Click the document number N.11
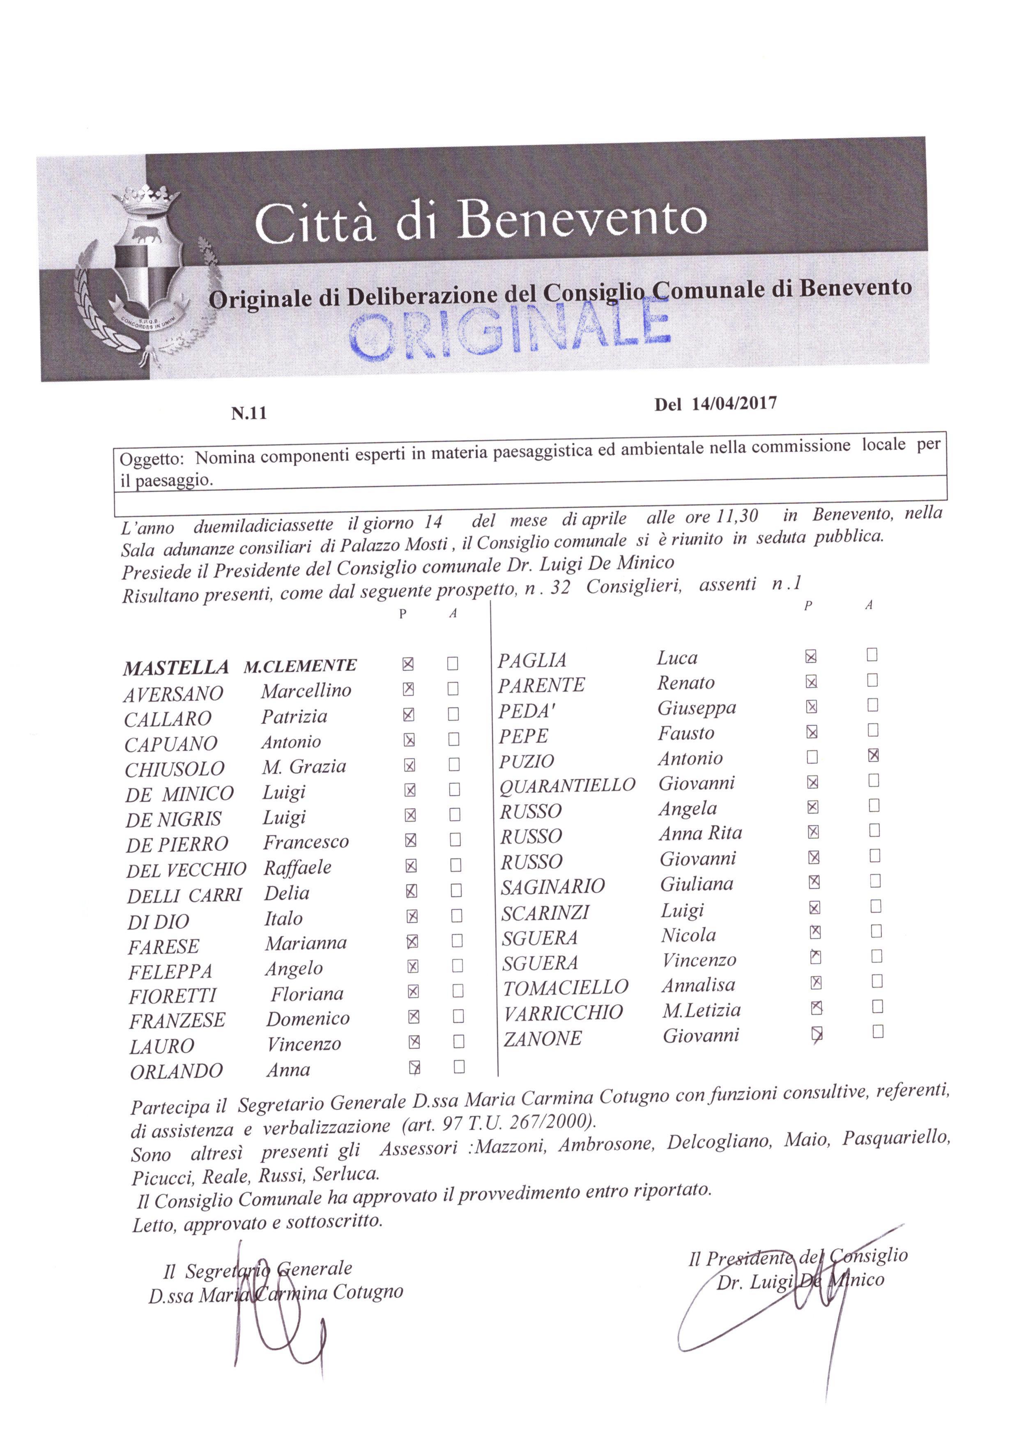249,413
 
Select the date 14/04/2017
734,403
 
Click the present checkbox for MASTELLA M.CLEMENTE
408,663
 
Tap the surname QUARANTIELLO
567,785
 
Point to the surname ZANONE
542,1039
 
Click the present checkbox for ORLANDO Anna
414,1067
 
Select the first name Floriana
307,994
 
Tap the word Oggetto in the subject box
151,459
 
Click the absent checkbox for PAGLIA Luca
872,655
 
